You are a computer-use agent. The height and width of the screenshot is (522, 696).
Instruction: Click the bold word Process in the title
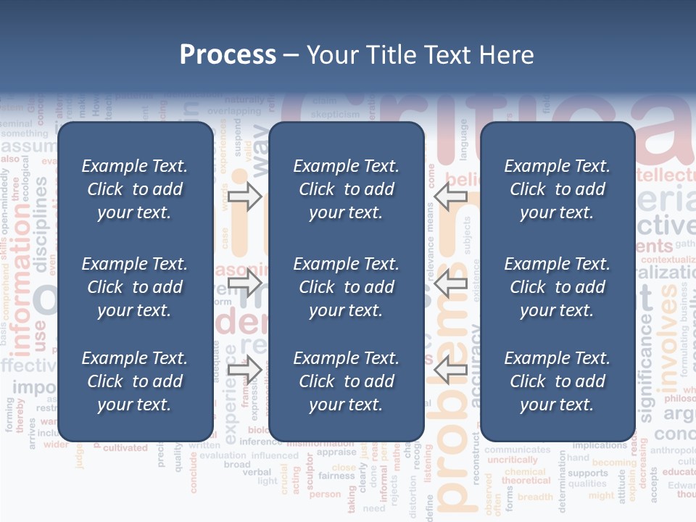(228, 55)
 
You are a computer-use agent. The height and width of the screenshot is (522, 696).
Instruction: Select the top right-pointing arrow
(244, 196)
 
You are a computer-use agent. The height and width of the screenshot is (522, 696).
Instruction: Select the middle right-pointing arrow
(244, 282)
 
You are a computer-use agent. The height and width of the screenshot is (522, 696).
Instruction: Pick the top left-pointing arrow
(451, 196)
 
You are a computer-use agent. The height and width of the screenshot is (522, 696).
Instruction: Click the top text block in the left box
(135, 189)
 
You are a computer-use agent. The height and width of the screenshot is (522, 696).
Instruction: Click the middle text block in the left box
(135, 287)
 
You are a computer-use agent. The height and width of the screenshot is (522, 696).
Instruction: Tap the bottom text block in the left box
(135, 381)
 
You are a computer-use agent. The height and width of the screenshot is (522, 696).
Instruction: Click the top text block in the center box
(346, 189)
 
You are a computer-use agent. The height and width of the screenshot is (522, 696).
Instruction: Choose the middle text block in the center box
(346, 287)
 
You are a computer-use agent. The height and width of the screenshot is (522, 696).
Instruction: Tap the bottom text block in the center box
(346, 381)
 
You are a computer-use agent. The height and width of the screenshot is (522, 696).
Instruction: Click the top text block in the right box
(557, 189)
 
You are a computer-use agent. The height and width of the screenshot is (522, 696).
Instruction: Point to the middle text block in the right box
(557, 287)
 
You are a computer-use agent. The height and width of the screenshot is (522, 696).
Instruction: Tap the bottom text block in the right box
(557, 381)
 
